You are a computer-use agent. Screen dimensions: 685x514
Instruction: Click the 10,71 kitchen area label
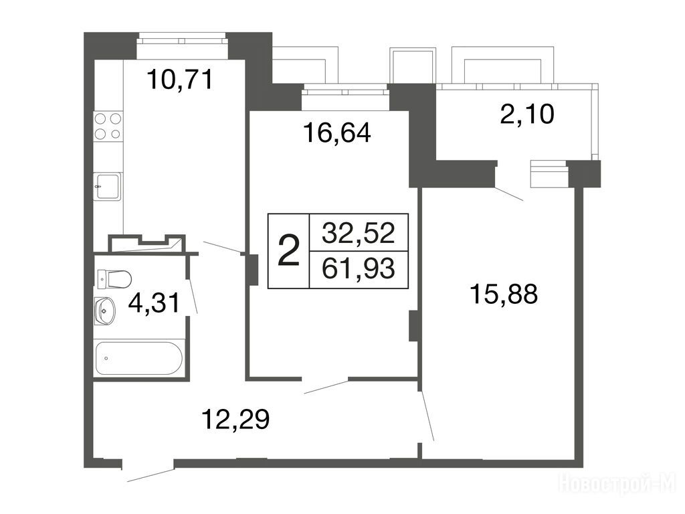click(180, 80)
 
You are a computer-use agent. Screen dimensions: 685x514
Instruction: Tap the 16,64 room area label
click(337, 133)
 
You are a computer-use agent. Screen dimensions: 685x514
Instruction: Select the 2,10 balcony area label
click(527, 114)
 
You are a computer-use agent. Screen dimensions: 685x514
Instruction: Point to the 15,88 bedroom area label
click(504, 293)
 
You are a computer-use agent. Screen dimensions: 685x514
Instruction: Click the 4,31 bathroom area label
click(154, 303)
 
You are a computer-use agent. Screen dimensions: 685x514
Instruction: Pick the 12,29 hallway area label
click(235, 419)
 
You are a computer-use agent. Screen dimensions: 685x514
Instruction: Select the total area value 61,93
click(359, 268)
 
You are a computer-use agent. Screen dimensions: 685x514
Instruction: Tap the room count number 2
click(289, 250)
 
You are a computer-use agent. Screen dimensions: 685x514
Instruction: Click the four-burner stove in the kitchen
click(108, 126)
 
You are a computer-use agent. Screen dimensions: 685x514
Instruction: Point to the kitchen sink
click(108, 186)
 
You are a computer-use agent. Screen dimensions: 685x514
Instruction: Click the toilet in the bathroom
click(114, 279)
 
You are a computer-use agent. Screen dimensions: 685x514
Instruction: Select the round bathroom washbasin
click(105, 311)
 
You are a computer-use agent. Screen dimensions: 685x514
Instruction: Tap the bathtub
click(138, 358)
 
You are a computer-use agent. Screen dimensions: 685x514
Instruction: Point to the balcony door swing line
click(508, 194)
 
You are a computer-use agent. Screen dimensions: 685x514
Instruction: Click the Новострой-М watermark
click(617, 485)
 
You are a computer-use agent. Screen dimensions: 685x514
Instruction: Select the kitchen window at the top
click(182, 41)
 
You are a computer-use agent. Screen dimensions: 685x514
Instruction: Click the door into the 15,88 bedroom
click(427, 416)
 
